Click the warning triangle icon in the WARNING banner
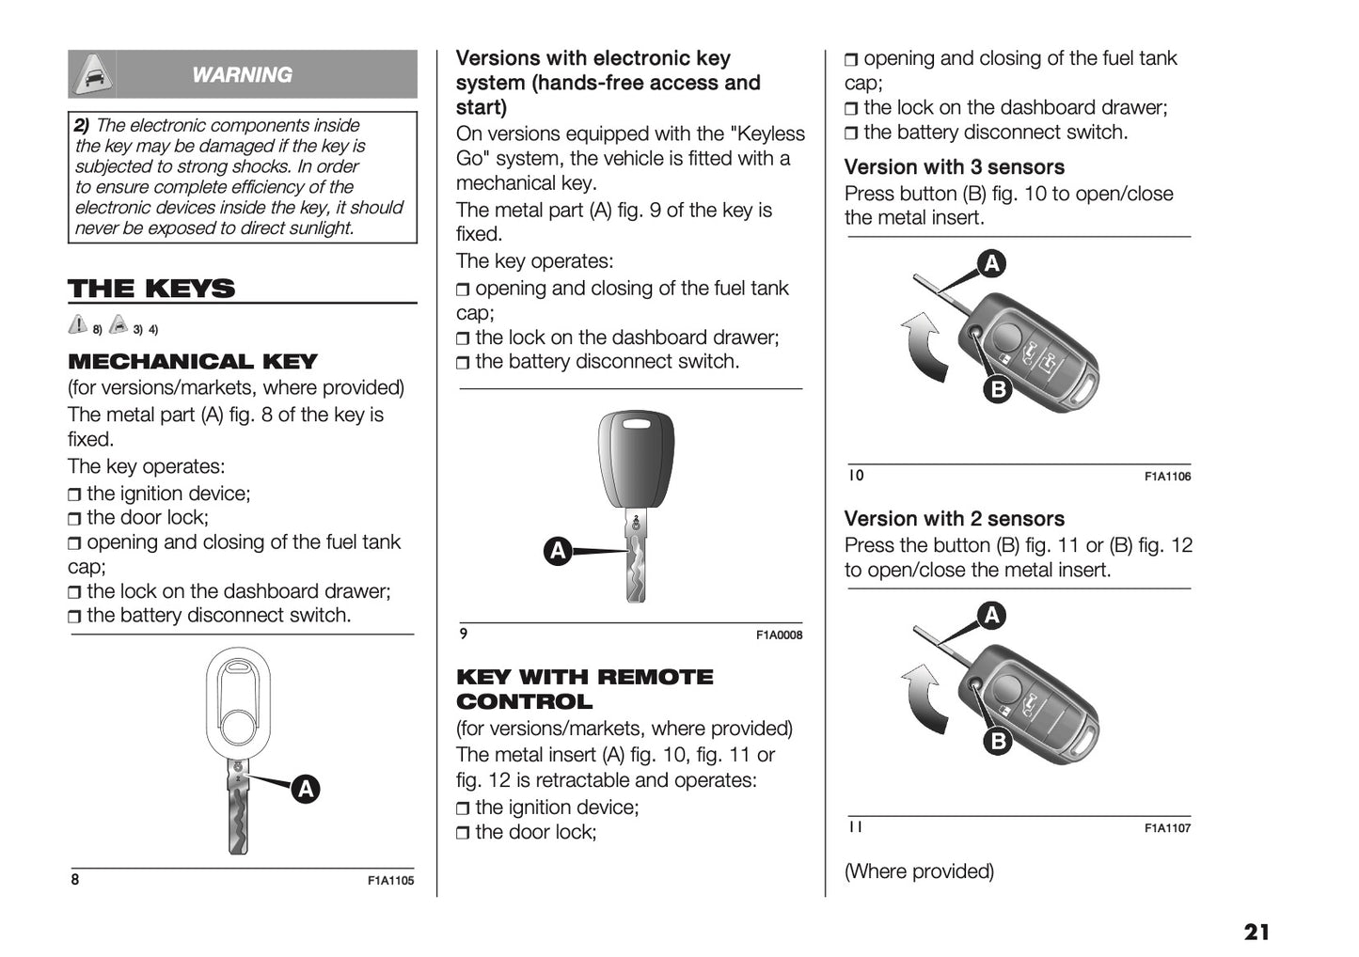point(92,74)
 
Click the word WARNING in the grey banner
point(242,75)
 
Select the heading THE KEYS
point(151,289)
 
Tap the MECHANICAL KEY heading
point(193,362)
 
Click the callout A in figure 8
point(305,789)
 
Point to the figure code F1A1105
point(390,881)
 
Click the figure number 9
point(464,634)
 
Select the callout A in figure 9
point(559,551)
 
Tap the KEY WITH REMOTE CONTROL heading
point(584,689)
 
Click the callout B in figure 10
point(997,389)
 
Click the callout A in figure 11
point(991,616)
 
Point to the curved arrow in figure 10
point(924,348)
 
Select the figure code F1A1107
point(1167,828)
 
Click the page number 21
point(1256,932)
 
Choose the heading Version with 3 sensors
point(954,167)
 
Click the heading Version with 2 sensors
point(954,519)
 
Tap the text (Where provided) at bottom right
point(919,871)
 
